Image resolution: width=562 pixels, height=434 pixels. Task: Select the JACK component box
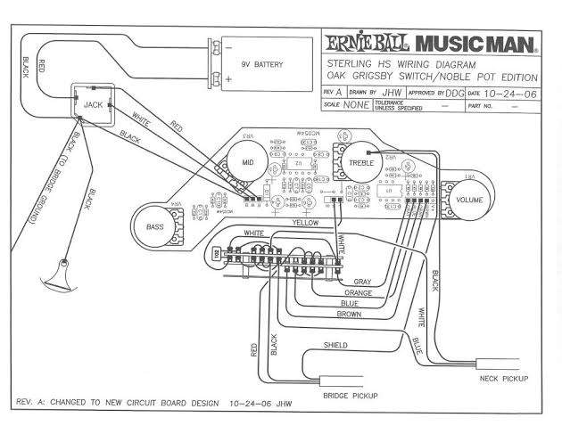pyautogui.click(x=93, y=105)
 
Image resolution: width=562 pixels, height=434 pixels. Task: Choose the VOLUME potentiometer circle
pyautogui.click(x=469, y=200)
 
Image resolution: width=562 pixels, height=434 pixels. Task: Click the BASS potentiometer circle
pyautogui.click(x=155, y=226)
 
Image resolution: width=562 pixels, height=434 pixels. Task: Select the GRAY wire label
pyautogui.click(x=362, y=281)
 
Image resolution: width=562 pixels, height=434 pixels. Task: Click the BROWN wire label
pyautogui.click(x=349, y=315)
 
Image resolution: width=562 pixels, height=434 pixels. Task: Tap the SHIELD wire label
pyautogui.click(x=336, y=344)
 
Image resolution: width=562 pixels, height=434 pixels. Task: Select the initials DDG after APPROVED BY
pyautogui.click(x=455, y=92)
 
